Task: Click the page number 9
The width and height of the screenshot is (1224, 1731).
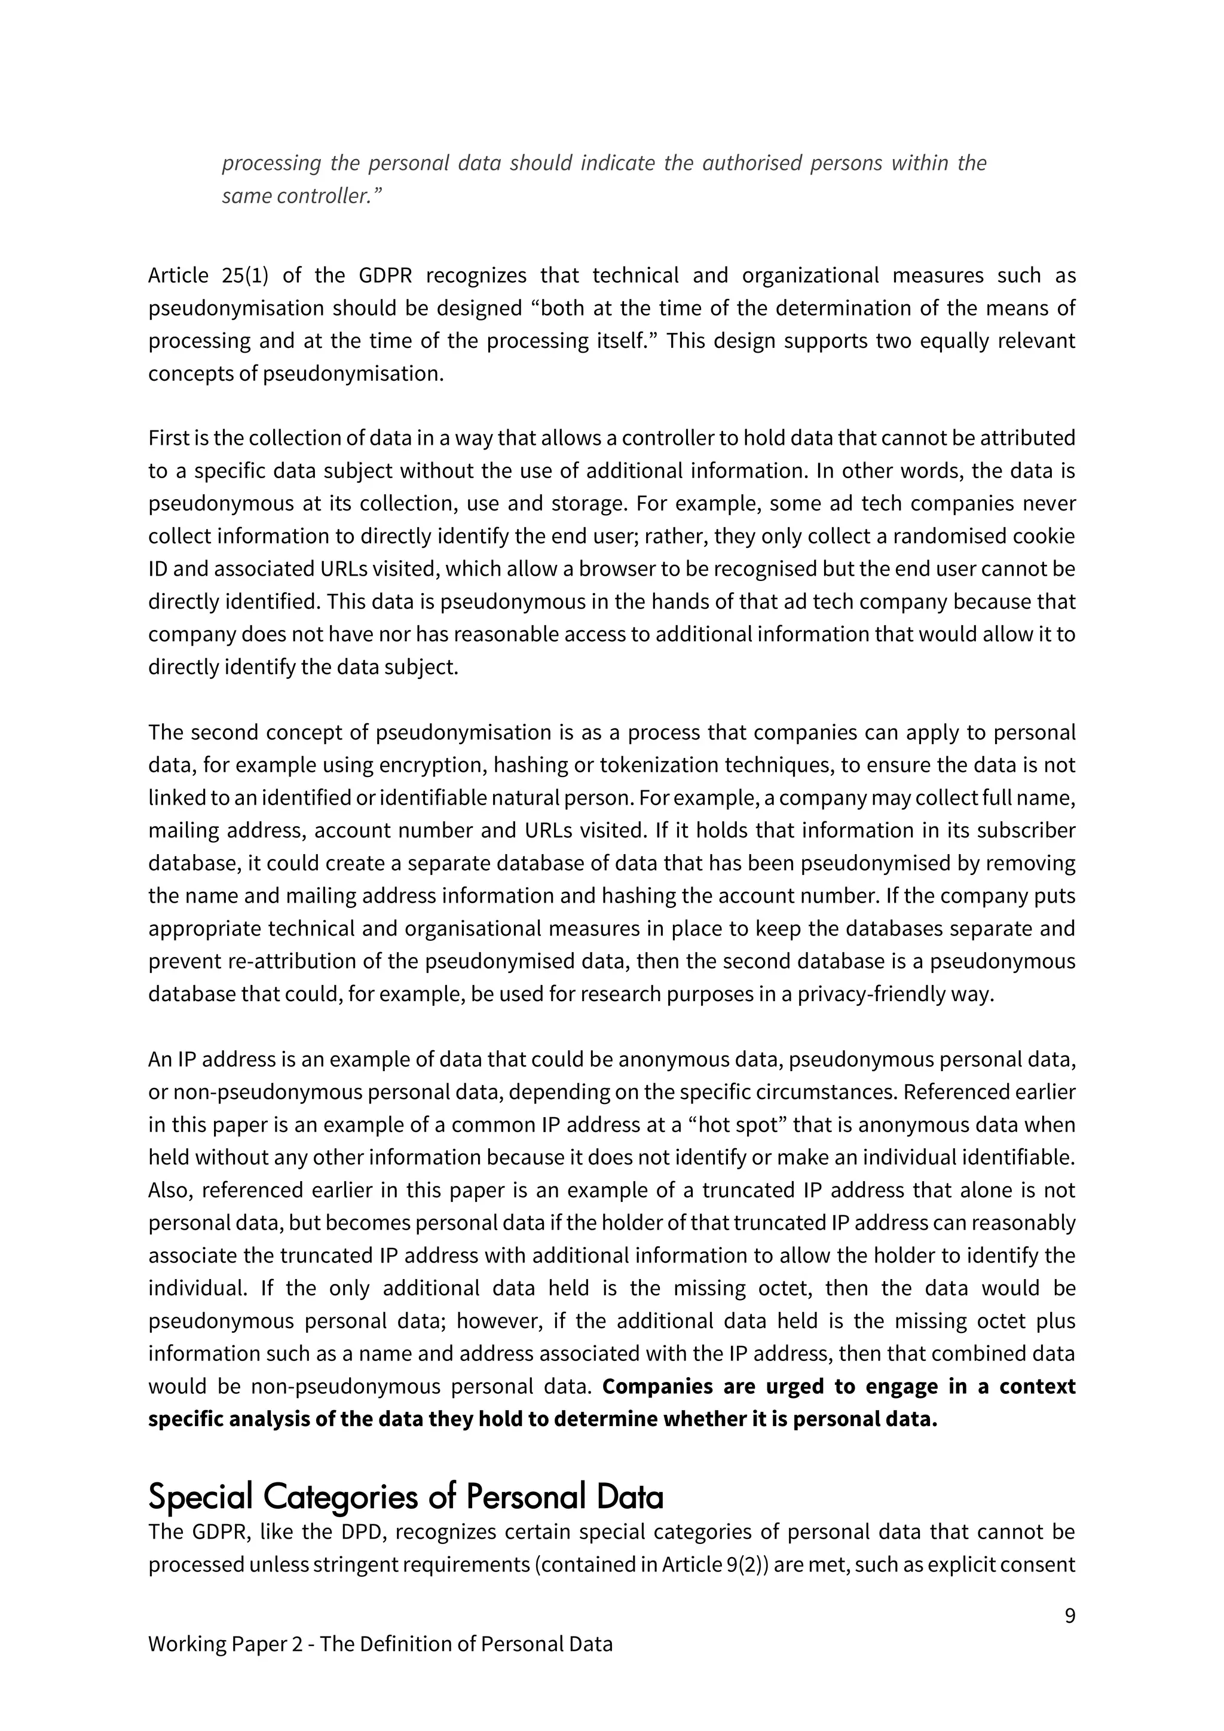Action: coord(1069,1616)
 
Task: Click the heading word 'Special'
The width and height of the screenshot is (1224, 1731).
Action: coord(199,1497)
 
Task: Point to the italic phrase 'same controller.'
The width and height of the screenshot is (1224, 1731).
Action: coord(301,196)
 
